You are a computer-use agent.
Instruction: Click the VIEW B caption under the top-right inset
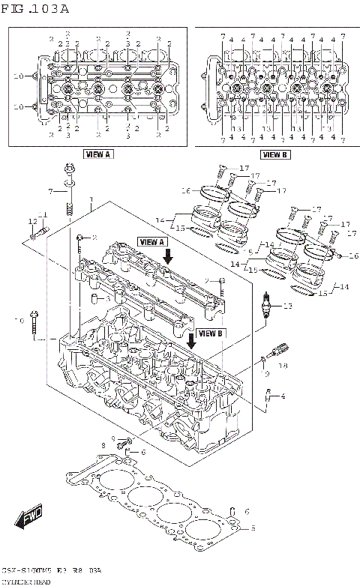(274, 154)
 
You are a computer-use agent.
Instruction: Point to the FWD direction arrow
(27, 519)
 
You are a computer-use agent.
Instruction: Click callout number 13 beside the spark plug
(283, 306)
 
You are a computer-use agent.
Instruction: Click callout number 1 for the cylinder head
(91, 200)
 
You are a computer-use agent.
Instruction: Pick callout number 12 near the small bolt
(33, 221)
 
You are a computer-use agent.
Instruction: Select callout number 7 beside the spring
(51, 192)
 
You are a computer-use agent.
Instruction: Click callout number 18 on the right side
(283, 365)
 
